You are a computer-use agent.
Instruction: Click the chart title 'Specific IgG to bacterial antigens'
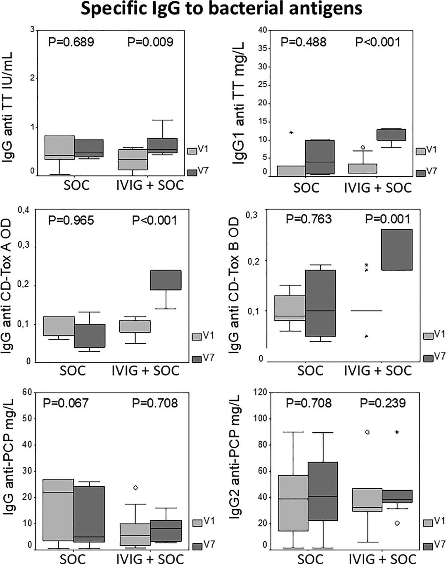coord(221,9)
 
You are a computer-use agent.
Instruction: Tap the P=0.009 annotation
coord(150,42)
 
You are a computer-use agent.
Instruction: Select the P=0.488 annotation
coord(304,42)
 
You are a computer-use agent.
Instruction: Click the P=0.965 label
coord(71,220)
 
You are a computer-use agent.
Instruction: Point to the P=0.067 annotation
coord(66,403)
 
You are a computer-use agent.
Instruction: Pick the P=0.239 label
coord(383,403)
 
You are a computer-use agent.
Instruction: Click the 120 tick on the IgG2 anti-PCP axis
coord(260,392)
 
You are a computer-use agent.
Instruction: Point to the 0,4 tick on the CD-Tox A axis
coord(24,210)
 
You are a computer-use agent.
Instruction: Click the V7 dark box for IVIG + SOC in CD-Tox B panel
coord(397,250)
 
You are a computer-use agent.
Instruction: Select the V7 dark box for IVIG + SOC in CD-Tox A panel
coord(166,280)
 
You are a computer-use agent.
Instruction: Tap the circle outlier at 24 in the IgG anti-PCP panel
coord(135,488)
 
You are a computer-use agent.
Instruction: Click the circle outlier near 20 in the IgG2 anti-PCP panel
coord(397,523)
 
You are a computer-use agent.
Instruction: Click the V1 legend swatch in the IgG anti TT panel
coord(192,151)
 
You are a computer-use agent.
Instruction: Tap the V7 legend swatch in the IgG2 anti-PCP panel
coord(428,546)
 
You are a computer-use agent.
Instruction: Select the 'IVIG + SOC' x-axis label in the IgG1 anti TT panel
coord(378,188)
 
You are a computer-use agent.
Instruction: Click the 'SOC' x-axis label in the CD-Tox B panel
coord(310,370)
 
